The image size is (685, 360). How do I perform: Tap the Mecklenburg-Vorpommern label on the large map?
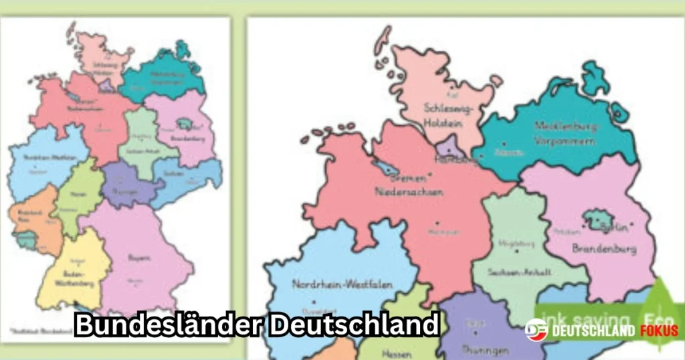(564, 132)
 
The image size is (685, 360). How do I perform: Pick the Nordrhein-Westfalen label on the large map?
(332, 284)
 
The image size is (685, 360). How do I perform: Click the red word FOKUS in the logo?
(659, 331)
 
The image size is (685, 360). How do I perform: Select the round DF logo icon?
(536, 331)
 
